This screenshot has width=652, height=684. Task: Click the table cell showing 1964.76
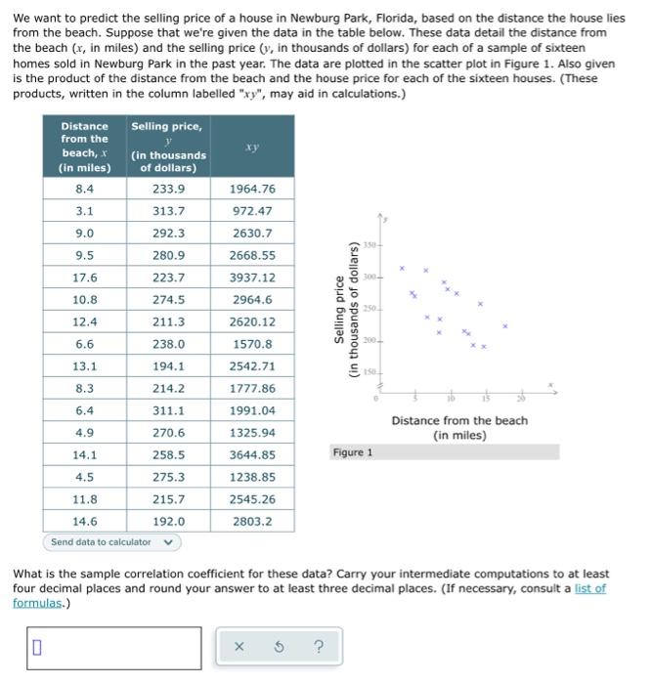(253, 189)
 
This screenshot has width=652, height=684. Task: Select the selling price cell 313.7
(169, 211)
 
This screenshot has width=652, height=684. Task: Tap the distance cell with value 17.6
(85, 278)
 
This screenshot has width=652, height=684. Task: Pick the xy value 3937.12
(253, 278)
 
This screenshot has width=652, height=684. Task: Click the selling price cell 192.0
(169, 522)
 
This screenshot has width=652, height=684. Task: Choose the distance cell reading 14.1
(85, 455)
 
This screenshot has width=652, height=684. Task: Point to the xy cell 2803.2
(253, 522)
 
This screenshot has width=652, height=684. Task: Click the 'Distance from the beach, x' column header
(85, 147)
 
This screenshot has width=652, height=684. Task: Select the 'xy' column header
(253, 147)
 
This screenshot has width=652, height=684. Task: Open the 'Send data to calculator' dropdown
(110, 542)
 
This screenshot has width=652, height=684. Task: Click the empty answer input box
(114, 646)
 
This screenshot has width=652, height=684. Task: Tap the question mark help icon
(317, 646)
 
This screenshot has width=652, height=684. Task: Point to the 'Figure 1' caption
(352, 452)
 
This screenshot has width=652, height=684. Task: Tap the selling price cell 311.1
(169, 410)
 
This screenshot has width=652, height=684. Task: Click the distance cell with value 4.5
(85, 478)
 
